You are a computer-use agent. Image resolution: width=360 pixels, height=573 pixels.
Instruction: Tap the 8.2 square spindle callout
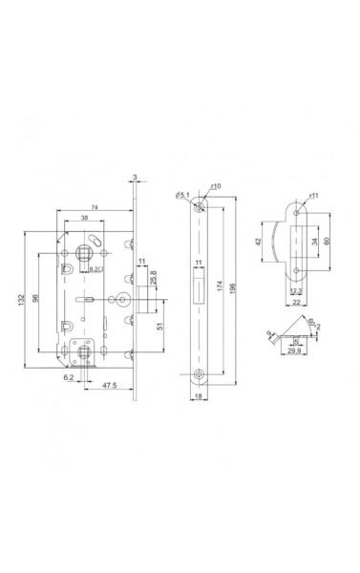point(96,271)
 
